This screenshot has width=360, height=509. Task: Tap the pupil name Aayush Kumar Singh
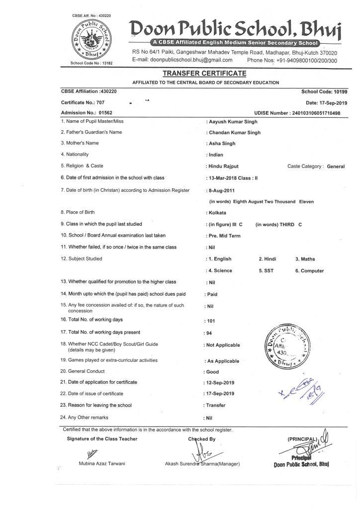coord(234,122)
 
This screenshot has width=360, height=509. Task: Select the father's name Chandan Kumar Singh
coord(235,133)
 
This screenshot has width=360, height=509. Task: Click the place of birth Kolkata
coord(218,213)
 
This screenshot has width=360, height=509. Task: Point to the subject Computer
coord(312,271)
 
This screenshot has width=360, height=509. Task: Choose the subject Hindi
coord(268,259)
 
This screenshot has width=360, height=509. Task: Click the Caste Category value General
coord(336,167)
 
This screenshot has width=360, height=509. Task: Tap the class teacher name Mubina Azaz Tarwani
coord(102,463)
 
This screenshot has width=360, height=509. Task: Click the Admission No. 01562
coord(106,113)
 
